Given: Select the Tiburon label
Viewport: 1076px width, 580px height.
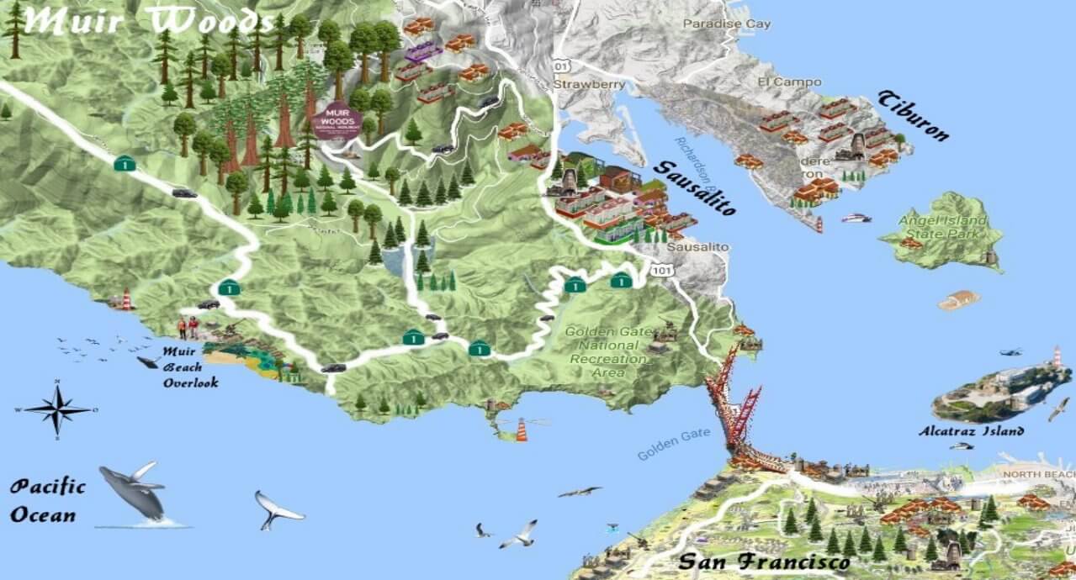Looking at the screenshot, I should (914, 115).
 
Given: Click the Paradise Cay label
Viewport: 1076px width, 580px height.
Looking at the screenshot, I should (726, 24).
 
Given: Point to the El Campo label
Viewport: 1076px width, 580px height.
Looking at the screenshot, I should (777, 82).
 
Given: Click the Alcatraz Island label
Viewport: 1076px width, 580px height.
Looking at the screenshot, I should (972, 431).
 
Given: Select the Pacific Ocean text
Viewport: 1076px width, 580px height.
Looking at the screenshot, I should (48, 500).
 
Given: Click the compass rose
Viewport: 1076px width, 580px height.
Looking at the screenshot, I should (57, 409).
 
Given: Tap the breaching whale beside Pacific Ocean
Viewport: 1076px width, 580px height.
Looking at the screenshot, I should (133, 492).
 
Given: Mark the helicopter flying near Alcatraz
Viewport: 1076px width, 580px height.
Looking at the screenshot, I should (1010, 351).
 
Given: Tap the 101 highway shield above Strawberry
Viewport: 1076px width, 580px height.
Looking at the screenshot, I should (561, 66).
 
